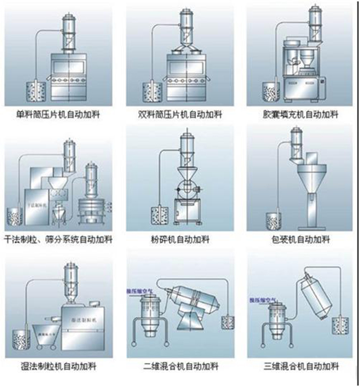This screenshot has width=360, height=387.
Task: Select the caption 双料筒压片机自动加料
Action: pos(181,114)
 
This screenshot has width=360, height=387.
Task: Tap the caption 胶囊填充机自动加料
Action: pos(300,114)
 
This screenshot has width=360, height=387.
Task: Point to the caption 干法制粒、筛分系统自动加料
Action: pos(61,239)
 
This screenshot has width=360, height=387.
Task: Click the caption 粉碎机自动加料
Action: pos(181,239)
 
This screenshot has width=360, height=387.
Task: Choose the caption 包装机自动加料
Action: pos(300,239)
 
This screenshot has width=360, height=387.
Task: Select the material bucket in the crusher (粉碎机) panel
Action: pos(159,216)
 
